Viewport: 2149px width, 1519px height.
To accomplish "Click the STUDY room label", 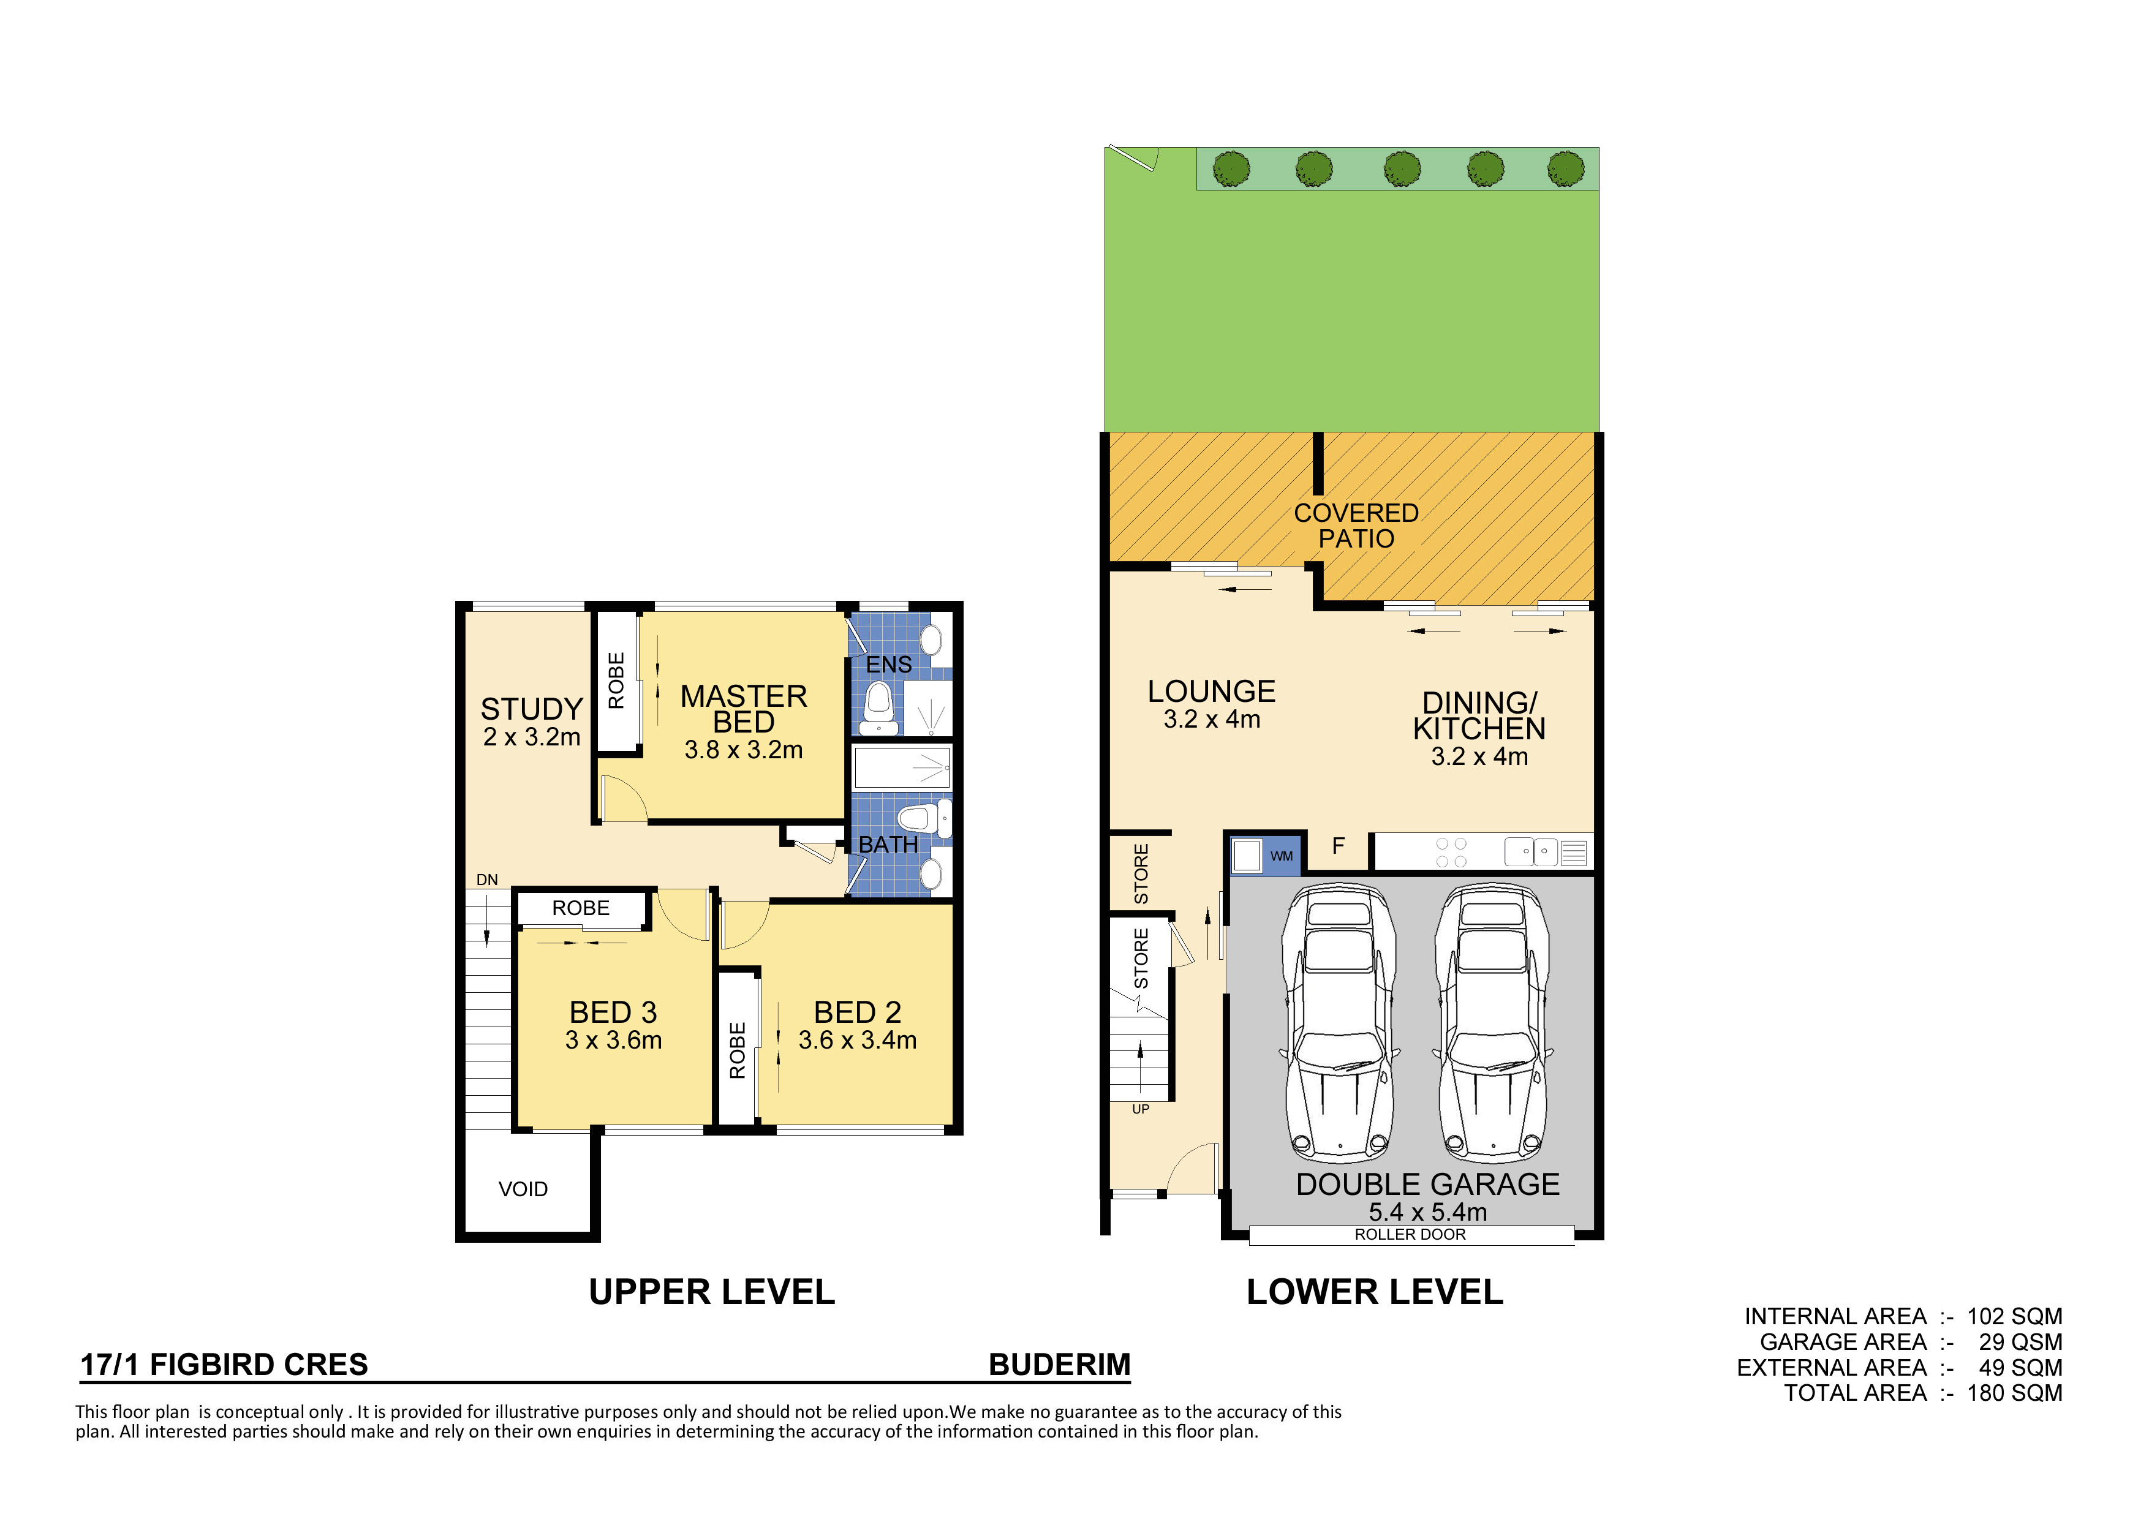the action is pos(532,709).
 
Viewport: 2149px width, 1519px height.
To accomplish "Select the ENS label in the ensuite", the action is pos(888,665).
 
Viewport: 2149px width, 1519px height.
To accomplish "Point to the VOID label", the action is pos(523,1189).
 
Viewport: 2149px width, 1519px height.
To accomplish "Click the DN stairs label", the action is pos(486,880).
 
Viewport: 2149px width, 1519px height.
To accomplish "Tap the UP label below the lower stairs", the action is pos(1140,1109).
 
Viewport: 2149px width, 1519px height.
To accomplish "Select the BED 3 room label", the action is pos(613,1012).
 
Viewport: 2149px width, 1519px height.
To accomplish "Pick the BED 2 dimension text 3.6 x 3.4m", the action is pos(858,1040).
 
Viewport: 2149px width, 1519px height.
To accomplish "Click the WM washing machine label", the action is pos(1282,856).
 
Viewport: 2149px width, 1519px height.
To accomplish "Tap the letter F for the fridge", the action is pos(1339,846).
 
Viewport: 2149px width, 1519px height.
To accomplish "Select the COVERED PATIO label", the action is pos(1356,526).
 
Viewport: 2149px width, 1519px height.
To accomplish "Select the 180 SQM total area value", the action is pos(2014,1393).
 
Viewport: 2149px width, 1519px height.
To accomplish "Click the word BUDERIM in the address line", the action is pos(1060,1365).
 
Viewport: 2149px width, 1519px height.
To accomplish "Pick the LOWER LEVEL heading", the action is pos(1375,1292).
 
